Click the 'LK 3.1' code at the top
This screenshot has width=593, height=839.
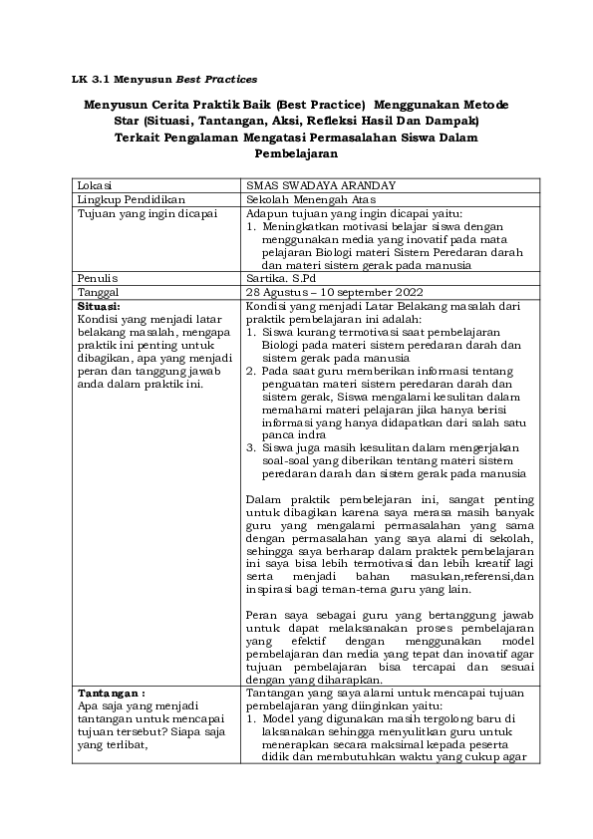pos(95,78)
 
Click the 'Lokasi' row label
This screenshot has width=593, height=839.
pos(96,186)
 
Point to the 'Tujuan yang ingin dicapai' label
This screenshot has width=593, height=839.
pos(141,212)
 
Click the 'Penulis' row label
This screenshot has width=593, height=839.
pos(99,277)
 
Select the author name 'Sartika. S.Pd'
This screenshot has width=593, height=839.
pos(279,277)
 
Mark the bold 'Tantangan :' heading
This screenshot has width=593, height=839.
pos(111,691)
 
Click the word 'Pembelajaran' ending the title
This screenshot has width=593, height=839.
pos(297,154)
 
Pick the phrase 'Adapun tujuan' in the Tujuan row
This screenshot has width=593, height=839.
pos(283,212)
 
